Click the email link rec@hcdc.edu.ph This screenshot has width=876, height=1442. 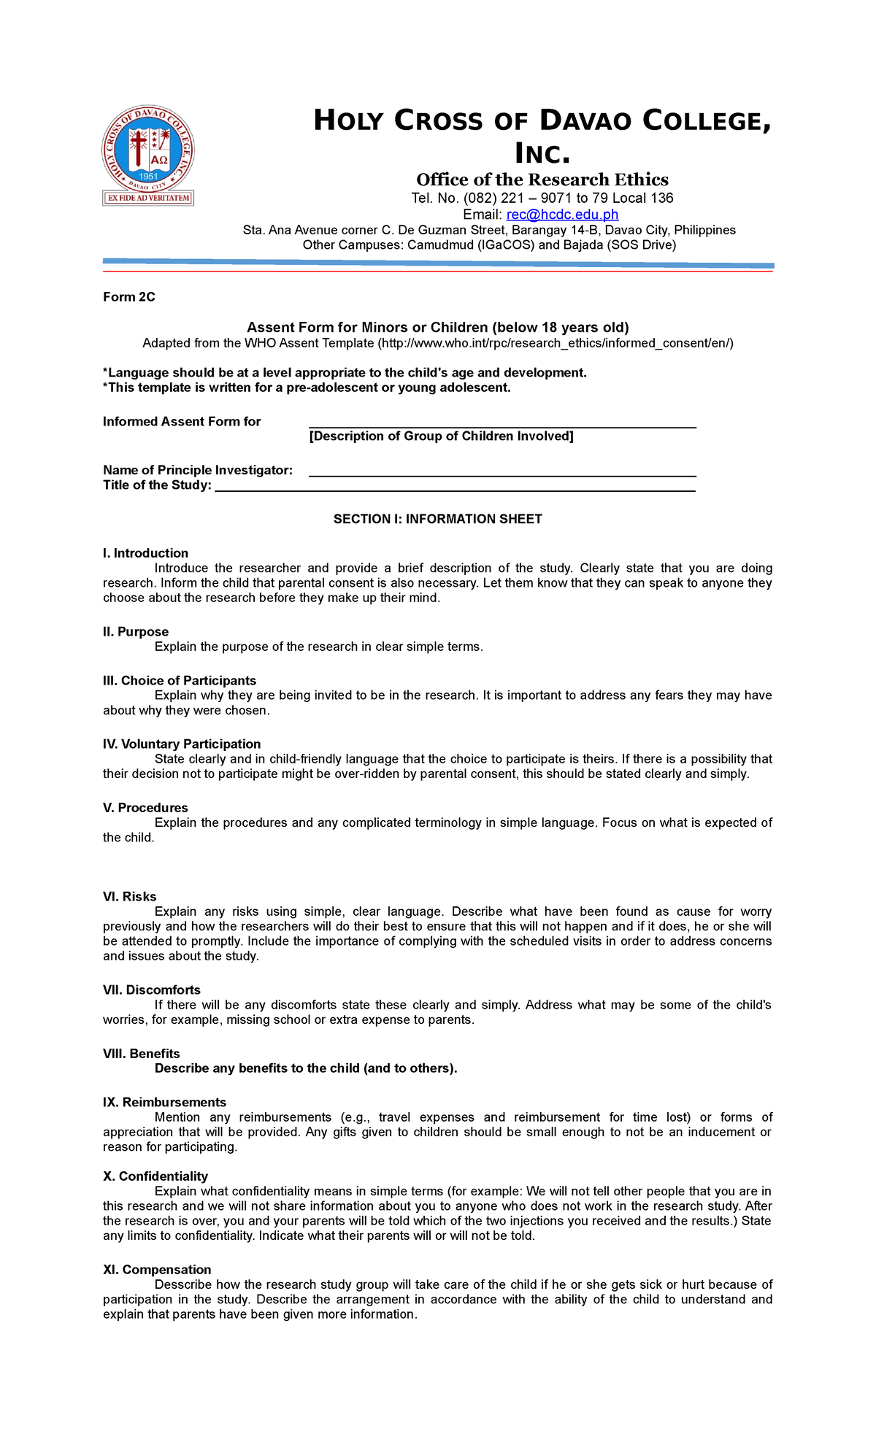pos(562,215)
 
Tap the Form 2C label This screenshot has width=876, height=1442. pos(129,297)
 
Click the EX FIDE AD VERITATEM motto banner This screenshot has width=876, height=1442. pos(148,198)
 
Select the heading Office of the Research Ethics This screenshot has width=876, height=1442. pos(542,180)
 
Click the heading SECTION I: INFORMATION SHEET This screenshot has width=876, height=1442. pos(437,519)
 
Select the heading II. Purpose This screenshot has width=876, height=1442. pos(136,632)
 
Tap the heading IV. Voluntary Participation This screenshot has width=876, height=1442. pos(182,744)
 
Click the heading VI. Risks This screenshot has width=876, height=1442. pos(130,896)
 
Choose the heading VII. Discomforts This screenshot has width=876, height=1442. pos(152,990)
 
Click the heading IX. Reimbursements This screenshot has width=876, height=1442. pos(165,1102)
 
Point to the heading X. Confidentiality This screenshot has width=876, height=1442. pos(155,1176)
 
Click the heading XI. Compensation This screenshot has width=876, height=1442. pos(157,1269)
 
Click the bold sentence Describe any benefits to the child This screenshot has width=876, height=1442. pos(306,1068)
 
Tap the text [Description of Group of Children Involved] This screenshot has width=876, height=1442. pos(441,436)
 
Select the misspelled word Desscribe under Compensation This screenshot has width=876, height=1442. pos(183,1284)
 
